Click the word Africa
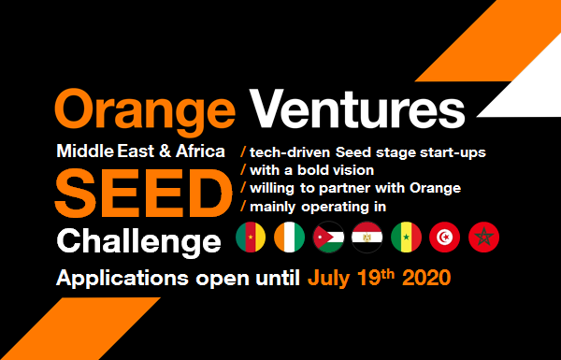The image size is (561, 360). (197, 151)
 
